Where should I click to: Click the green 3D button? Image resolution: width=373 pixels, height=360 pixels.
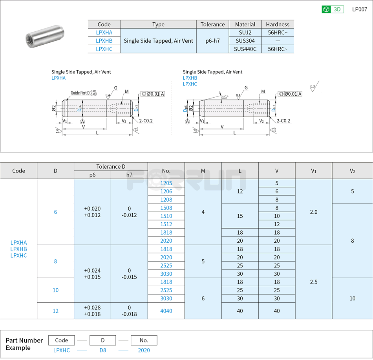pos(333,9)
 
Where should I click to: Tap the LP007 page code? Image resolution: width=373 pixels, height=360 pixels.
pos(360,9)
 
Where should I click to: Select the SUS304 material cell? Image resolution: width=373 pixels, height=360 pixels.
pos(245,41)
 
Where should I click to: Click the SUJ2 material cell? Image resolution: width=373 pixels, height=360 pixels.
pos(245,33)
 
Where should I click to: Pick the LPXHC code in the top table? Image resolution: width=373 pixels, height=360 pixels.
pos(104,49)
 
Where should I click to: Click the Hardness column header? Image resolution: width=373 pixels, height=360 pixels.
pos(278,24)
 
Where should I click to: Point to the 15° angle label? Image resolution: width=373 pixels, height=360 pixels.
pos(225,97)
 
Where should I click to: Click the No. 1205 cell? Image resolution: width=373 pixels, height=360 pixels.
pos(166,183)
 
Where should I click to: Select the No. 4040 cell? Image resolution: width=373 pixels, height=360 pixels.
pos(166,311)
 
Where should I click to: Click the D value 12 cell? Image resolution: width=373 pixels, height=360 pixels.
pos(55,311)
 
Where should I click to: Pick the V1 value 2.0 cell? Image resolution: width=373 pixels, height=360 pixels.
pos(313,212)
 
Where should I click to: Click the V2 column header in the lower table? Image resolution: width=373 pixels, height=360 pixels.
pos(352,171)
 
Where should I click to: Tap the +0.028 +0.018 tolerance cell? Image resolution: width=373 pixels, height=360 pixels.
pos(92,311)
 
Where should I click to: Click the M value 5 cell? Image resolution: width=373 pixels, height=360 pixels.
pos(203,261)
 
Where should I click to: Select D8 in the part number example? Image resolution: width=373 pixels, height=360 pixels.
pos(102,350)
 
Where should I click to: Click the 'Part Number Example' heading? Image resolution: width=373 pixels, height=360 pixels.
pos(24,344)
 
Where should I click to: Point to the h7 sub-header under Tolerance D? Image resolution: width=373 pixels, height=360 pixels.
pos(129,175)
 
